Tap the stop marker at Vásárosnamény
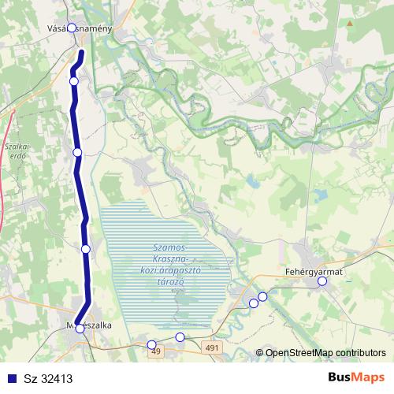72,28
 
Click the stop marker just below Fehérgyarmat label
322,281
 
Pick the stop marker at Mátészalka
80,329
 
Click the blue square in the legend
11,378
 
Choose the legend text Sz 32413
48,378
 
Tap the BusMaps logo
355,377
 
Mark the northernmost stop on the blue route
74,81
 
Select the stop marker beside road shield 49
152,344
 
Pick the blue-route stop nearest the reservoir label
86,248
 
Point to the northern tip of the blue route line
83,52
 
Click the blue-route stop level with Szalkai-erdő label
77,152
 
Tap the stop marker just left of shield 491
180,337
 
